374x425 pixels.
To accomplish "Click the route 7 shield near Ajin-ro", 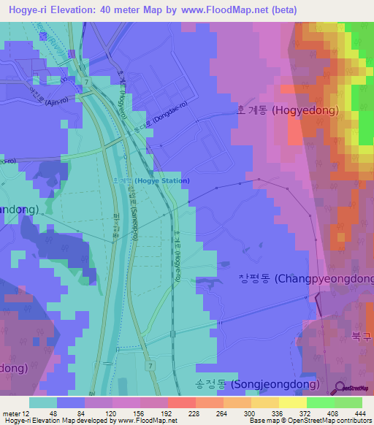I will (88, 82).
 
